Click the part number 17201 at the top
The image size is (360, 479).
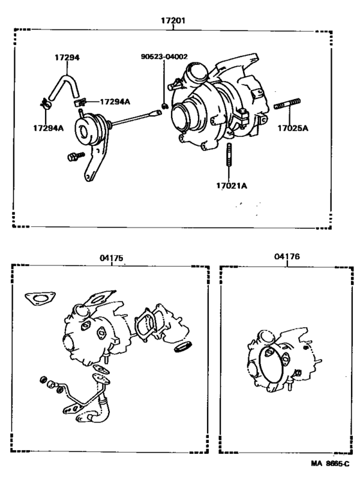pyautogui.click(x=173, y=20)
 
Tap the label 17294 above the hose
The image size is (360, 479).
pyautogui.click(x=67, y=58)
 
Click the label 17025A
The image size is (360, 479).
pyautogui.click(x=292, y=128)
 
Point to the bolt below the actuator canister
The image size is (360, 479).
pyautogui.click(x=73, y=156)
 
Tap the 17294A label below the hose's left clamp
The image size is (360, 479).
pyautogui.click(x=48, y=128)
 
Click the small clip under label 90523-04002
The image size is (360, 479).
pyautogui.click(x=165, y=106)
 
